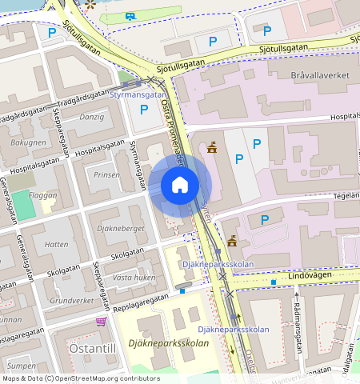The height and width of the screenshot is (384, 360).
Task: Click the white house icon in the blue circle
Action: [180, 185]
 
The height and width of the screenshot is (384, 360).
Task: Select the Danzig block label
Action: [91, 117]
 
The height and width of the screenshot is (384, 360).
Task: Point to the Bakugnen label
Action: [28, 142]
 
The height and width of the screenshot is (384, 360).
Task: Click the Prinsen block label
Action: [106, 174]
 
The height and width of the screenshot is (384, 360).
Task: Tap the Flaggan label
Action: [42, 194]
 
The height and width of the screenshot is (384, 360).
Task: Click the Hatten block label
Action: [56, 244]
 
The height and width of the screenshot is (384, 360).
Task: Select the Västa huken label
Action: [134, 277]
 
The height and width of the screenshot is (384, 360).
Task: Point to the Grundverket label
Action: [71, 301]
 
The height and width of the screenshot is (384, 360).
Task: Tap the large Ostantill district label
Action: [93, 349]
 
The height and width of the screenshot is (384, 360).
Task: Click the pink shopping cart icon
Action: [102, 322]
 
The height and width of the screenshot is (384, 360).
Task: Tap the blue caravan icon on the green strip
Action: [130, 15]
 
